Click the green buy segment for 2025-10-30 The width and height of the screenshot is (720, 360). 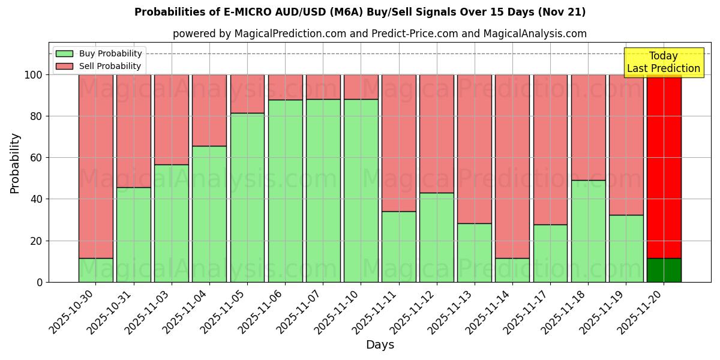tap(96, 270)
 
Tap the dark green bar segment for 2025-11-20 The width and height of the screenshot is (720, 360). tap(664, 270)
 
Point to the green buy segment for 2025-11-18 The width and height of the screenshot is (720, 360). tap(588, 231)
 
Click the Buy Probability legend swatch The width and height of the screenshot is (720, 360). tap(64, 54)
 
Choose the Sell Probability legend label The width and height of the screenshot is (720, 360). tap(110, 67)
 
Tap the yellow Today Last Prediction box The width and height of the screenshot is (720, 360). tap(664, 62)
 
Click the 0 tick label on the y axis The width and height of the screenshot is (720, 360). tap(40, 282)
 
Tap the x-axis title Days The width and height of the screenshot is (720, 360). tap(380, 345)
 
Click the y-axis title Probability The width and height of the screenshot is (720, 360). tap(15, 163)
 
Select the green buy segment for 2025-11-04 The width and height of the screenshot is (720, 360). tap(209, 214)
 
